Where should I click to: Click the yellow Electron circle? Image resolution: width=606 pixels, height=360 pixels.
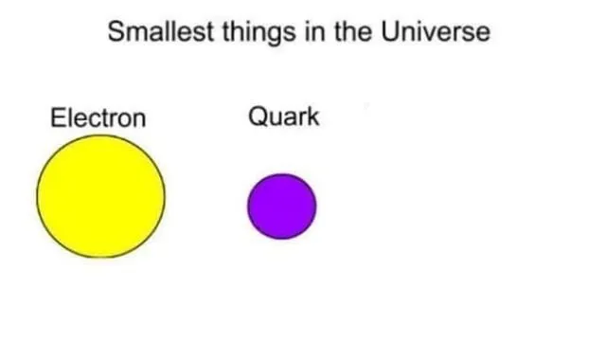coord(100,196)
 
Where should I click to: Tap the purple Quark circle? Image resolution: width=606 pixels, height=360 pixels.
coord(281,207)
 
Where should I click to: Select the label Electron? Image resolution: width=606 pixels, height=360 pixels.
coord(98,118)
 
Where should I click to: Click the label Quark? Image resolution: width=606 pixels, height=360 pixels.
coord(283,117)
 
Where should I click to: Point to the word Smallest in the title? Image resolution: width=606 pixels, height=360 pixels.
coord(160,32)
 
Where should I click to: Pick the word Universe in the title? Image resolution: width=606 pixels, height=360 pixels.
coord(437,32)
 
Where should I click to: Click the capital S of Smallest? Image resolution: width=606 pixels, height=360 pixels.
coord(116,32)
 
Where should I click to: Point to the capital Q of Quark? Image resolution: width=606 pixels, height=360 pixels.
coord(257,117)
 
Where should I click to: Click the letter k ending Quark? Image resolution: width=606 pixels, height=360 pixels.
coord(313,117)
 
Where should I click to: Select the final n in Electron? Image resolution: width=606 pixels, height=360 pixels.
coord(140,120)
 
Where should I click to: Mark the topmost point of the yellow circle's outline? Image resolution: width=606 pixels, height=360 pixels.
coord(100,135)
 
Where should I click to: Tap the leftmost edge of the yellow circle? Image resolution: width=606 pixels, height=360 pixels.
coord(38,196)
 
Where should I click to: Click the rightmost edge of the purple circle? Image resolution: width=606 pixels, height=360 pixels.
coord(316,207)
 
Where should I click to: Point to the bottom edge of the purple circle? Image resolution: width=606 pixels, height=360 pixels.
coord(281,240)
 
